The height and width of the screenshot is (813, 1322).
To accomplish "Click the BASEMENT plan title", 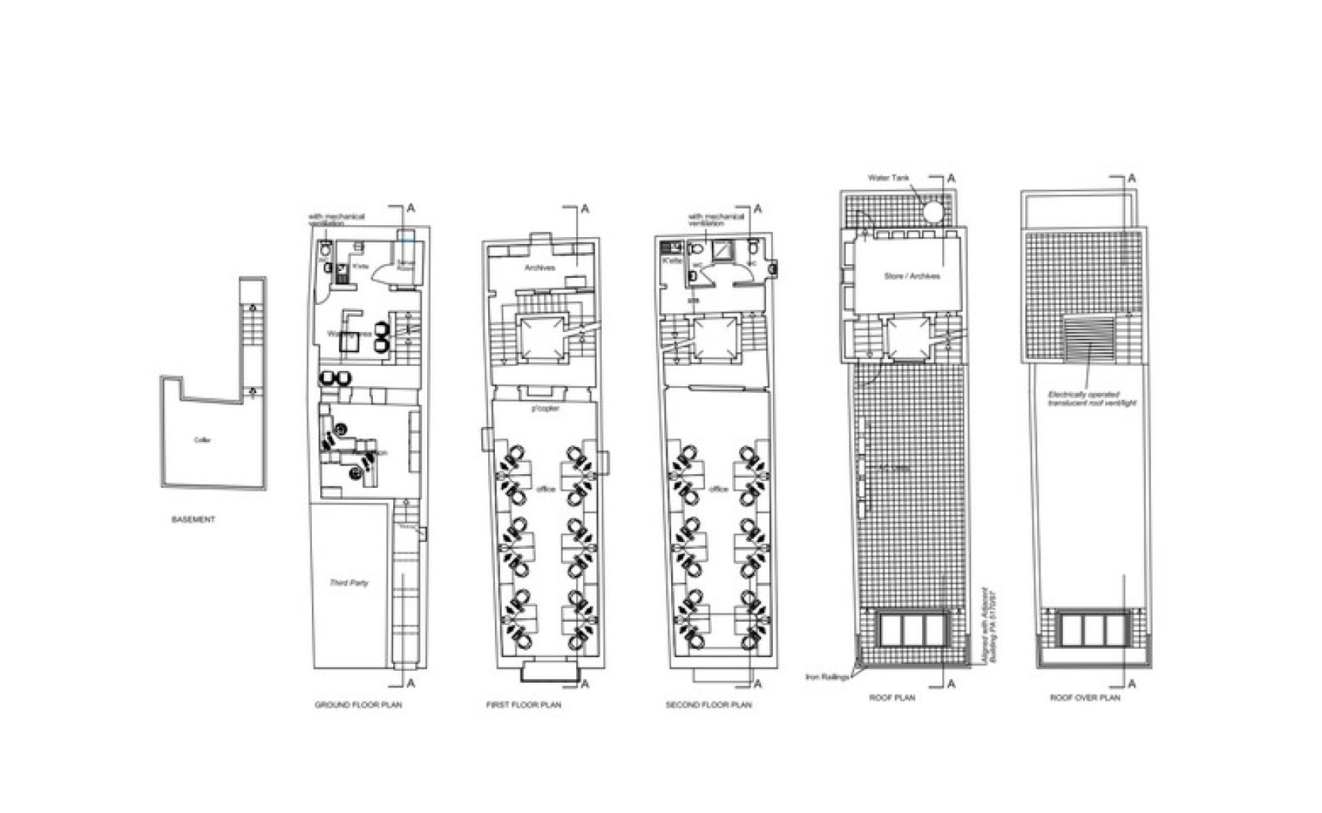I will [x=193, y=519].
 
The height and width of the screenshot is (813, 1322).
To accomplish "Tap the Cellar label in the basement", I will [x=202, y=440].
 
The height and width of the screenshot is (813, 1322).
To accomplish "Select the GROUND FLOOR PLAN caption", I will [x=358, y=705].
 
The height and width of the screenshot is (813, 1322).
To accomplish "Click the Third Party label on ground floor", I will [x=349, y=583].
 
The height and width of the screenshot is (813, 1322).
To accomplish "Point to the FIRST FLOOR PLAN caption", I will [x=524, y=705].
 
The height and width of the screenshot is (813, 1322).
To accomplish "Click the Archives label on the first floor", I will [x=539, y=268].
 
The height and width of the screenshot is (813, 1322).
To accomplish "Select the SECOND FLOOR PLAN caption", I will [x=708, y=705].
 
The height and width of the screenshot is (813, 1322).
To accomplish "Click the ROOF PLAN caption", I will [x=892, y=698].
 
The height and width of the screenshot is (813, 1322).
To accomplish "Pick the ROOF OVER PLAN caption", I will [x=1085, y=698].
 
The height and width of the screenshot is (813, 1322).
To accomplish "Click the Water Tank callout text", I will [x=889, y=178].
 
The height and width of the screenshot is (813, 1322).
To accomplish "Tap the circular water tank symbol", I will [x=935, y=212].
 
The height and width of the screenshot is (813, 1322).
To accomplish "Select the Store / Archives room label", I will [x=911, y=276].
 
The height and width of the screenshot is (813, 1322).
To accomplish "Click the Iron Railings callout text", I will [x=826, y=677].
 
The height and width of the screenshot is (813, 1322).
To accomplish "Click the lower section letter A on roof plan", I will [x=951, y=684].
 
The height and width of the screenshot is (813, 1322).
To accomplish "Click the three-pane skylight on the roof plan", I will [x=913, y=629].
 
